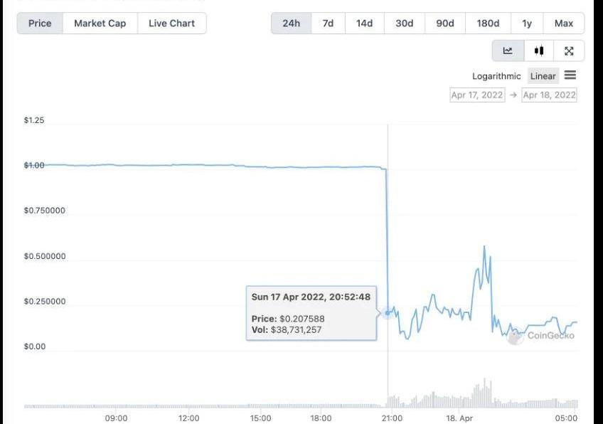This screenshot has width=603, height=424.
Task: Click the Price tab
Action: coord(40,23)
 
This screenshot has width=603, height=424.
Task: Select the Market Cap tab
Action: coord(100,23)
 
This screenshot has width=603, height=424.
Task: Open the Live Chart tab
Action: coord(172,23)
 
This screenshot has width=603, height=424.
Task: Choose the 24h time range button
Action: coord(291,23)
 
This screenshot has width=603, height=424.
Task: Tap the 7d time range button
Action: coord(328,23)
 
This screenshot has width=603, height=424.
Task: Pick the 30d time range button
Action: coord(404,23)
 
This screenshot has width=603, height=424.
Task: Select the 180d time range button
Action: coord(488,23)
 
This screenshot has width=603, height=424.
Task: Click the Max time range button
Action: coord(563,23)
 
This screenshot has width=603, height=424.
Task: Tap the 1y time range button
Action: coord(527,23)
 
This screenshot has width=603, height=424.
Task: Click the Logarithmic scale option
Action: coord(496,76)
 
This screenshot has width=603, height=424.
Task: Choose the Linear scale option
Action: coord(543,76)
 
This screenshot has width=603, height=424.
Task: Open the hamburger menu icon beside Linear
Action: coord(570,75)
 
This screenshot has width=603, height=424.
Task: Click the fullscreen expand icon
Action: coord(569,51)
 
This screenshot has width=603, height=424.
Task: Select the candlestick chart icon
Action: coord(539,51)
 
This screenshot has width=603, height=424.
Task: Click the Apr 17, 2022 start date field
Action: coord(477,95)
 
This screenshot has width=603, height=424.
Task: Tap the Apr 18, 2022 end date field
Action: coord(549,95)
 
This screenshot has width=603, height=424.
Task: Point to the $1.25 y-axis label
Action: coord(34,120)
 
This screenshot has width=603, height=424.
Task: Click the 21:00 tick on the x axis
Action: coord(392,418)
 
